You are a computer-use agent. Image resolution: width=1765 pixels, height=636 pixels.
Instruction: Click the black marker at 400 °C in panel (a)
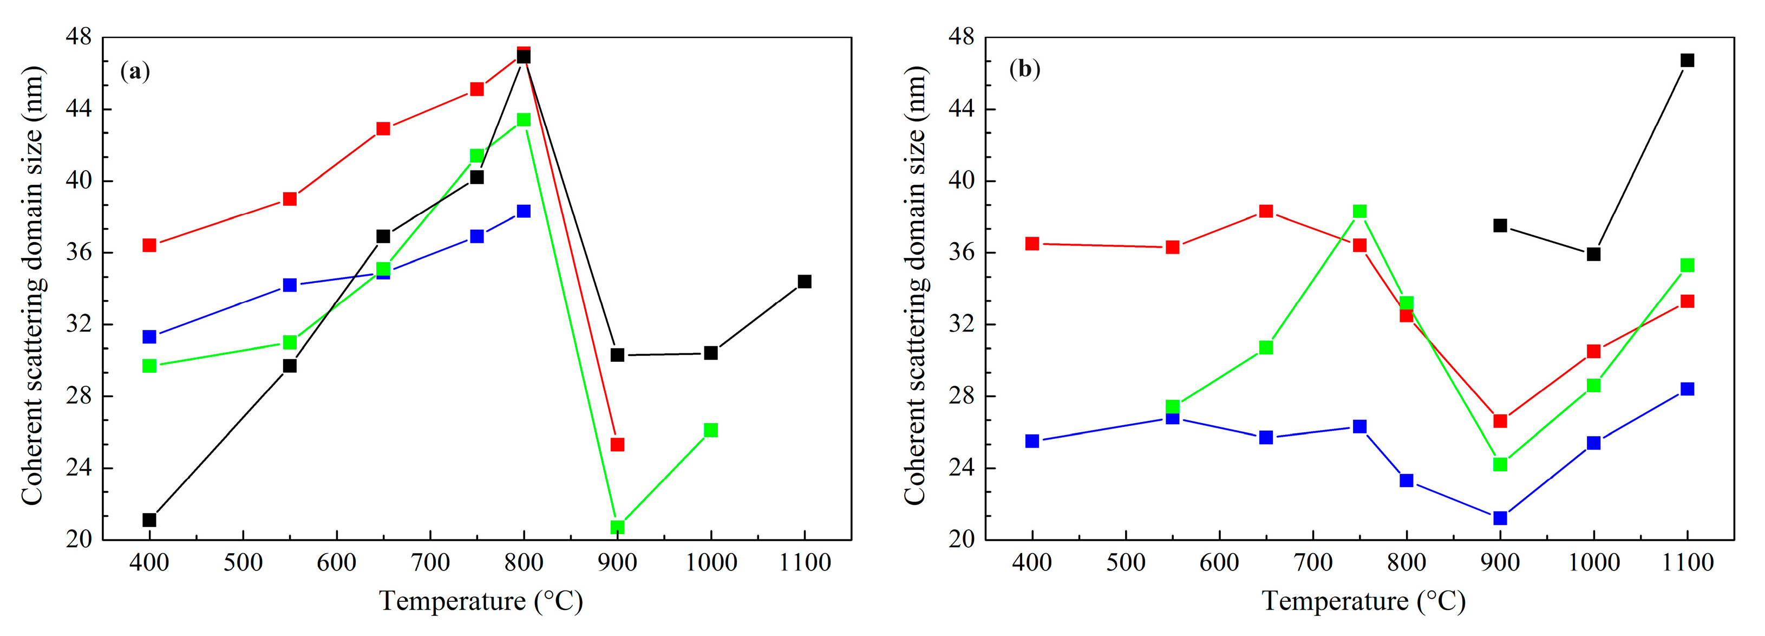point(149,520)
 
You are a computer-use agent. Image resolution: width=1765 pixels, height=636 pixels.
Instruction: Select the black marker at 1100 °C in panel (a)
point(805,282)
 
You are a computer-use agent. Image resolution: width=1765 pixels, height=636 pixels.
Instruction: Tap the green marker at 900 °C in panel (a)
point(617,527)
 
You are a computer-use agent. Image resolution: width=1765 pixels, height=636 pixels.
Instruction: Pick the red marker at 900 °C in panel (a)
point(617,445)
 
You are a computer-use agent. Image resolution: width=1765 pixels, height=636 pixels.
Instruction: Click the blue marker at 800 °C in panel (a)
point(524,211)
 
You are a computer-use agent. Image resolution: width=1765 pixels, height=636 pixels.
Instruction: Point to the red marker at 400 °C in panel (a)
point(149,245)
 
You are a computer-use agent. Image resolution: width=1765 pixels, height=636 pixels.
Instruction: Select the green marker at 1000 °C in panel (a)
point(710,430)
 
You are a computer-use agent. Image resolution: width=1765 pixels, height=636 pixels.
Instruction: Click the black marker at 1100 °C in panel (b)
point(1687,60)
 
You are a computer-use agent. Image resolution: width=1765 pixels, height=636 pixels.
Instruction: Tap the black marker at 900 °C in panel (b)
point(1500,225)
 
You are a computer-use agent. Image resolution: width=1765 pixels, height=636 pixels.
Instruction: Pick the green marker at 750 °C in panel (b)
point(1360,211)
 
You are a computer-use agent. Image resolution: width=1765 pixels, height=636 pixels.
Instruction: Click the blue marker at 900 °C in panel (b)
point(1500,518)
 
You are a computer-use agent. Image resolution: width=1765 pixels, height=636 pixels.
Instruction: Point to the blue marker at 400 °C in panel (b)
point(1032,440)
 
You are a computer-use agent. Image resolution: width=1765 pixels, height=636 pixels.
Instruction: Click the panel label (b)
point(1024,69)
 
